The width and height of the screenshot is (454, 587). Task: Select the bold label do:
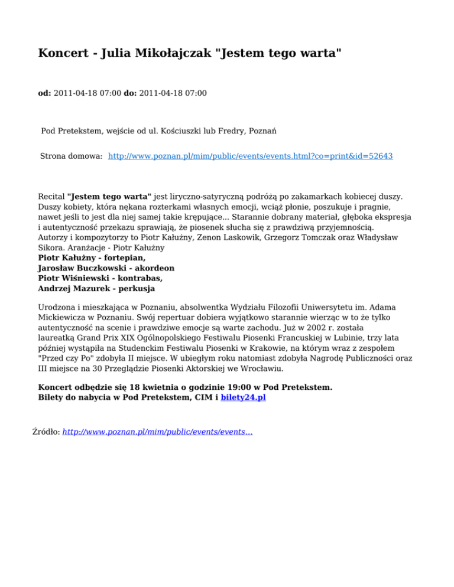pos(130,93)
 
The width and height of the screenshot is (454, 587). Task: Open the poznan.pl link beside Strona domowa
pos(251,156)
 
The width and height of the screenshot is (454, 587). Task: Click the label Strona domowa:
pos(72,156)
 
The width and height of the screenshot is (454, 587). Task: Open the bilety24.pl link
pos(243,398)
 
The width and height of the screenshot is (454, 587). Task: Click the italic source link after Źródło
pos(157,432)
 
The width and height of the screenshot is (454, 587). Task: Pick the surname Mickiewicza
pos(65,319)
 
